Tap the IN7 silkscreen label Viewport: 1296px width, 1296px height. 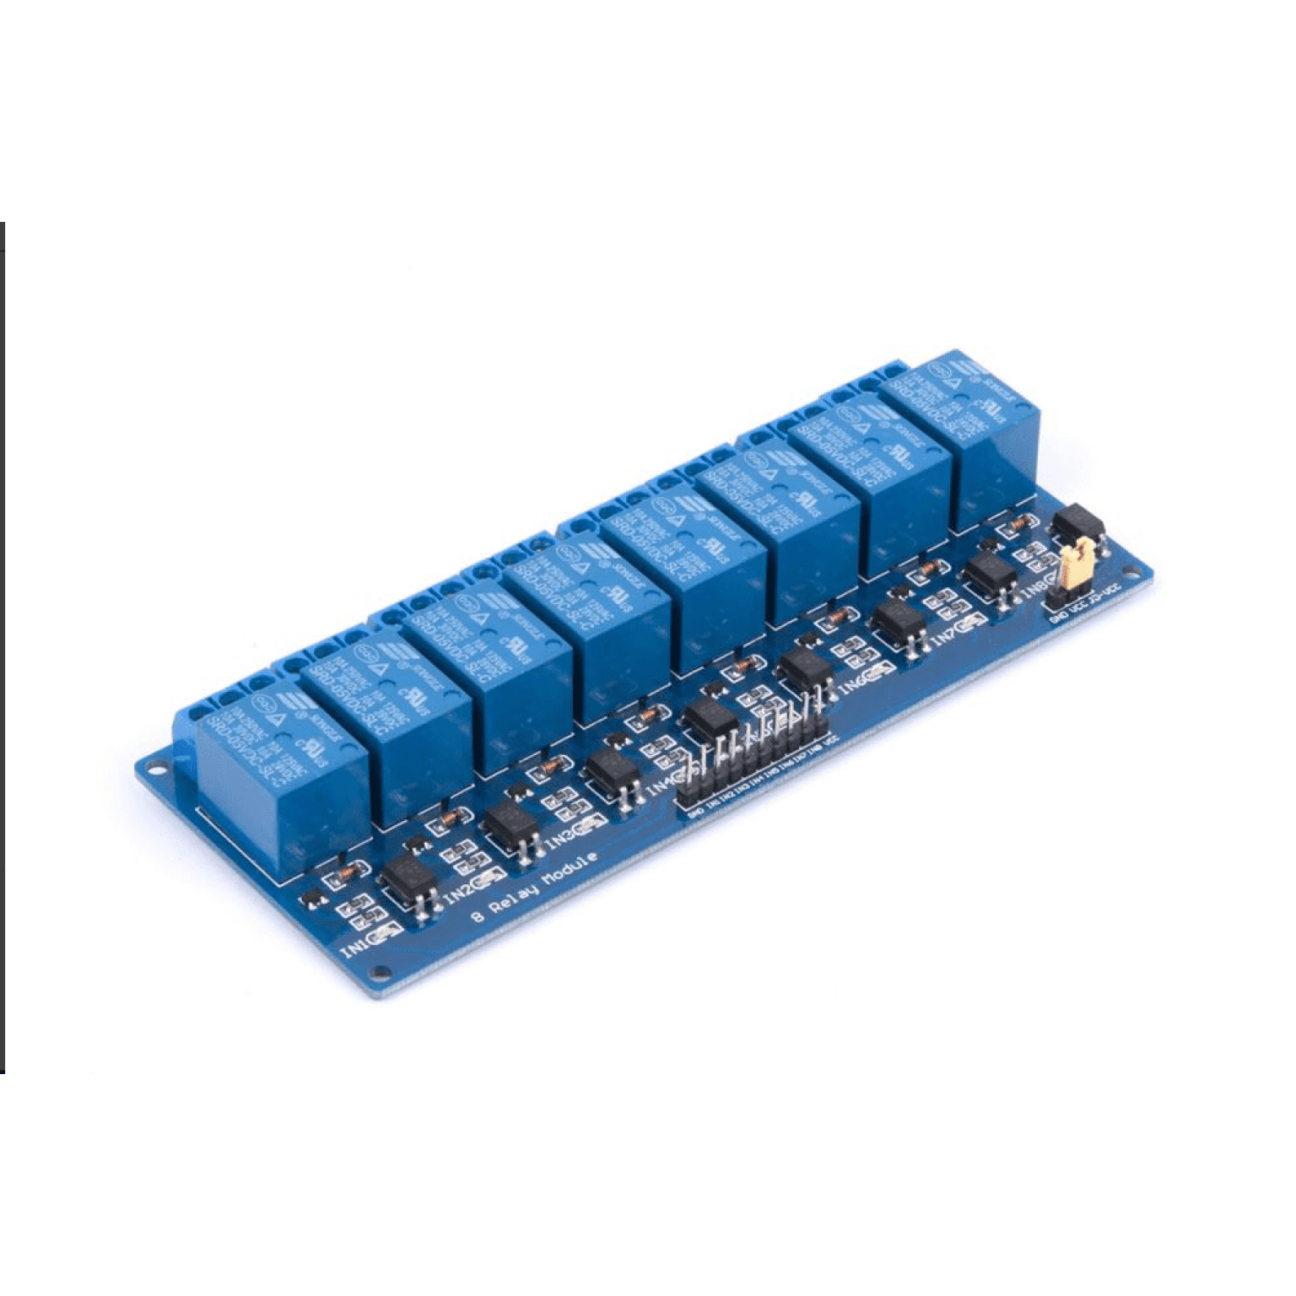945,636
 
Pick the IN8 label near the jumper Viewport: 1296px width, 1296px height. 1034,587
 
